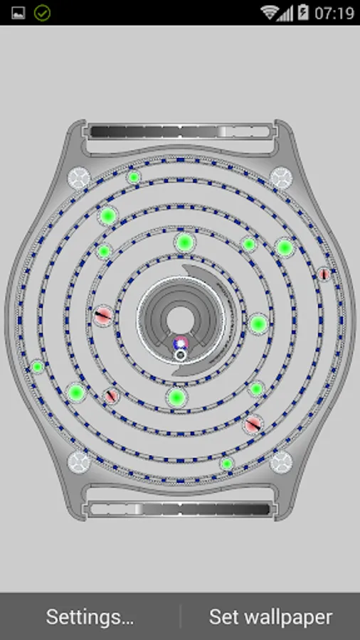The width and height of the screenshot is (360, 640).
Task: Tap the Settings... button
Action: coord(90,617)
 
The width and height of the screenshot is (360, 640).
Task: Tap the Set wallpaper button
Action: coord(270,617)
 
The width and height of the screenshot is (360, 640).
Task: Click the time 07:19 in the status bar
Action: coord(334,13)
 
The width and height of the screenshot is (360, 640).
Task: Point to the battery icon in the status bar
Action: coord(303,12)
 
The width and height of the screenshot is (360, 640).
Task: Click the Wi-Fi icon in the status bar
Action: coord(270,12)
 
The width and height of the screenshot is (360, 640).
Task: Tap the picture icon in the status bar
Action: coord(18,13)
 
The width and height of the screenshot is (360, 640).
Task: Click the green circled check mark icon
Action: coord(42,13)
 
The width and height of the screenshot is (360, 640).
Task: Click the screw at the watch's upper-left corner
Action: coord(79,178)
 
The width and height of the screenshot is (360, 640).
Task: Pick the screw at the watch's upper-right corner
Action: coord(281,178)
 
